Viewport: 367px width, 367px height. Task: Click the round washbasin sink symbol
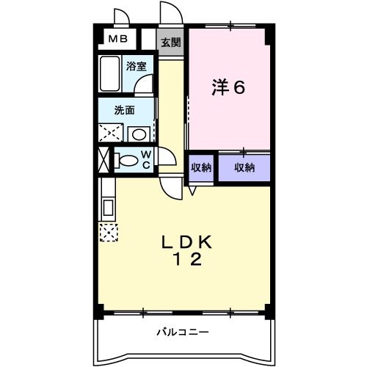[137, 134]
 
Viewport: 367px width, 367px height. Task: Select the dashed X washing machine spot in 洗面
[112, 133]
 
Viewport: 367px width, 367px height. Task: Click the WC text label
[146, 159]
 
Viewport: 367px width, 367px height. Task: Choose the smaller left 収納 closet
[201, 167]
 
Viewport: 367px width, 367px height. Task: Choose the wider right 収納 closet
[244, 167]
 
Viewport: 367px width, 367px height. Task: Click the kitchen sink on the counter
[107, 207]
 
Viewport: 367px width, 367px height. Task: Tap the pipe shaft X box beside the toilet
[103, 159]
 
